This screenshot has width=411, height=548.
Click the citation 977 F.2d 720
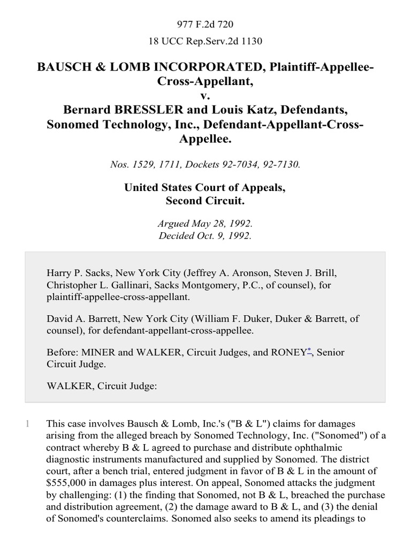205,24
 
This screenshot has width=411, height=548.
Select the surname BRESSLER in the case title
133,110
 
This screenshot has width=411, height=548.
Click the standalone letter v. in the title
205,96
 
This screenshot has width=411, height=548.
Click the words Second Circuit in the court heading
205,201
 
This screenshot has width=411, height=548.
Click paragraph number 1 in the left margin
28,424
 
